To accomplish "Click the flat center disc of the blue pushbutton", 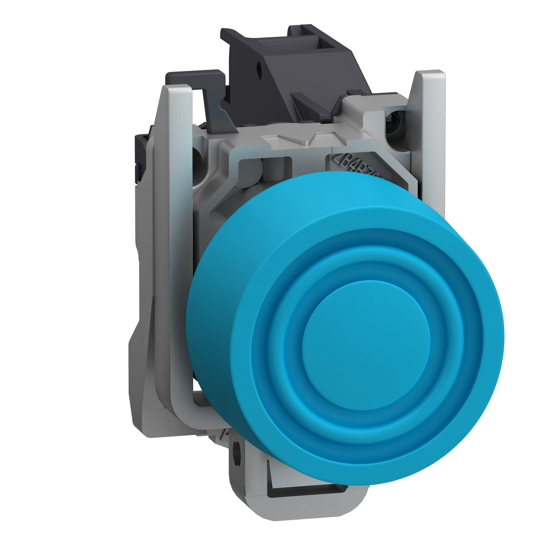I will tap(366, 344).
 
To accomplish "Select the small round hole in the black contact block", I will tap(259, 69).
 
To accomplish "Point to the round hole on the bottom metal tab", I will tap(236, 453).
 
